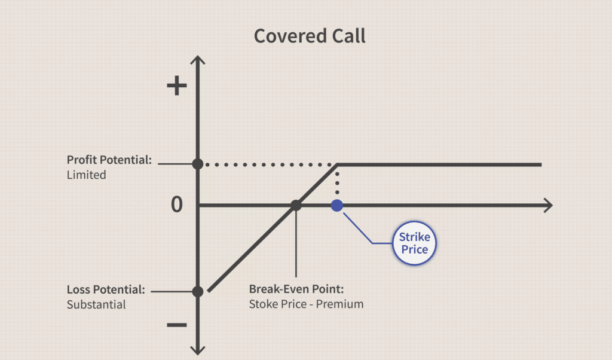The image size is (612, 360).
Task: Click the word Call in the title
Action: coord(348,36)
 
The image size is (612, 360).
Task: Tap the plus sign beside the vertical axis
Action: coord(177,86)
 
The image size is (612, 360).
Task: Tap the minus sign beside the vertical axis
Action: coord(177,325)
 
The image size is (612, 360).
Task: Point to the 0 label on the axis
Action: coord(177,205)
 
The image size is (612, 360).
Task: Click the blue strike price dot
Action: coord(337,205)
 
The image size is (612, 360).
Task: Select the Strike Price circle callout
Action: coord(414,243)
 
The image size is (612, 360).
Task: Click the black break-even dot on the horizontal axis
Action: coord(296,205)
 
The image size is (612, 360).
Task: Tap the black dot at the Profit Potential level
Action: coord(198,164)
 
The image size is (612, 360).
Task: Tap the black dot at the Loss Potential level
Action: coord(198,291)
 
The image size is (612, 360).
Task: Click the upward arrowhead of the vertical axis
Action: coord(198,60)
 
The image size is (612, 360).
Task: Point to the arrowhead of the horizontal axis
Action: coord(549,205)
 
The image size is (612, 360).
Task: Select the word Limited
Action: coord(86,175)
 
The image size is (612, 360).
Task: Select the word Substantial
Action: coord(96,304)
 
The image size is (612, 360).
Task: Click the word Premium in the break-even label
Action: coord(339,304)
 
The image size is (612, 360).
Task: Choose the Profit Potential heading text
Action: coord(109,160)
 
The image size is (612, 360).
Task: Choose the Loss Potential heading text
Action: coord(106,289)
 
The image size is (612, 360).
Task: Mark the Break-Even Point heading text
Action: coord(296,289)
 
